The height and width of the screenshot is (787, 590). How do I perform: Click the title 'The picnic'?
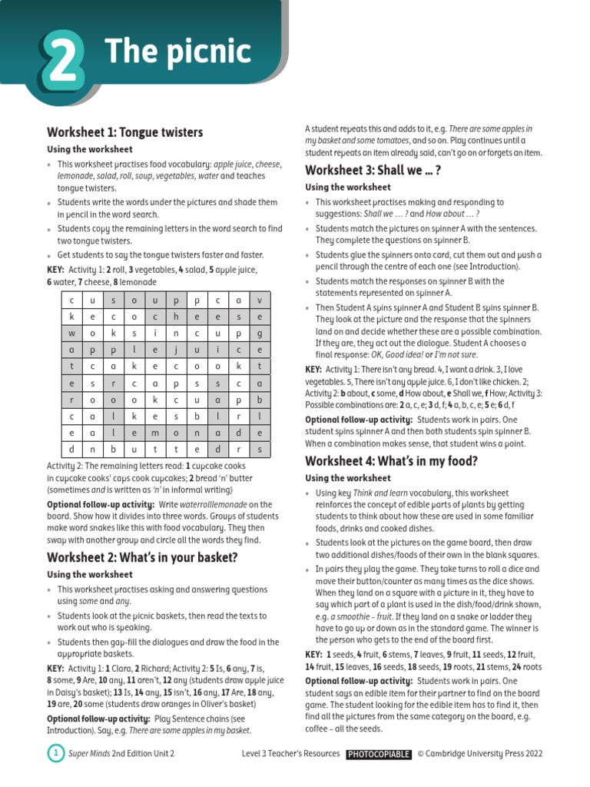tap(177, 52)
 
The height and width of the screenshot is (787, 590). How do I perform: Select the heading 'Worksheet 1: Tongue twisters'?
tap(124, 132)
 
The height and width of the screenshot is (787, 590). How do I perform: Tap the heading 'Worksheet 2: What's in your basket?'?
tap(142, 557)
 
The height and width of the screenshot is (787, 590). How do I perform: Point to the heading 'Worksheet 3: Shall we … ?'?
tap(373, 170)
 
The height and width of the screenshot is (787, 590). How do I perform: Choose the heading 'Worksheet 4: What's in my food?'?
tap(391, 461)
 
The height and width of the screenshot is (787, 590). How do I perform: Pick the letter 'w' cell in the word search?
tap(71, 333)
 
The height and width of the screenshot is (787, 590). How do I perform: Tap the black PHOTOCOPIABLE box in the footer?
tap(378, 755)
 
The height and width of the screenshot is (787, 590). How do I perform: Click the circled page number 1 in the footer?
tap(56, 754)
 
